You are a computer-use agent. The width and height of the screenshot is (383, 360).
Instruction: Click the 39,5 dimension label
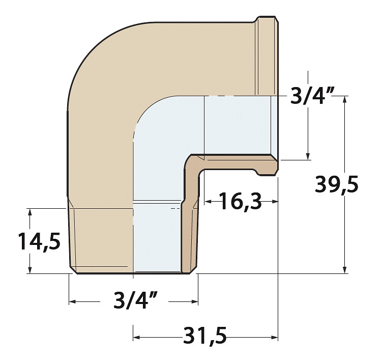coord(336,184)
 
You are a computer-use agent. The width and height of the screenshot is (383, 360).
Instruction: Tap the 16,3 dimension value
coord(240,201)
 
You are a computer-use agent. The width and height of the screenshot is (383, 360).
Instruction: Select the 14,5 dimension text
coord(39,241)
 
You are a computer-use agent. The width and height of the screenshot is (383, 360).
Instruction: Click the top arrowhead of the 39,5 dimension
coord(345,100)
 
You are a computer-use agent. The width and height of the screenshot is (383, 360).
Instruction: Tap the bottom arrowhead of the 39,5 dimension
coord(345,269)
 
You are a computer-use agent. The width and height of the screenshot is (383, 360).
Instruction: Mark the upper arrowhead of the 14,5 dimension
coord(30,212)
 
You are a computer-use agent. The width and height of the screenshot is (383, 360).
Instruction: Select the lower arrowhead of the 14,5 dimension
coord(30,269)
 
